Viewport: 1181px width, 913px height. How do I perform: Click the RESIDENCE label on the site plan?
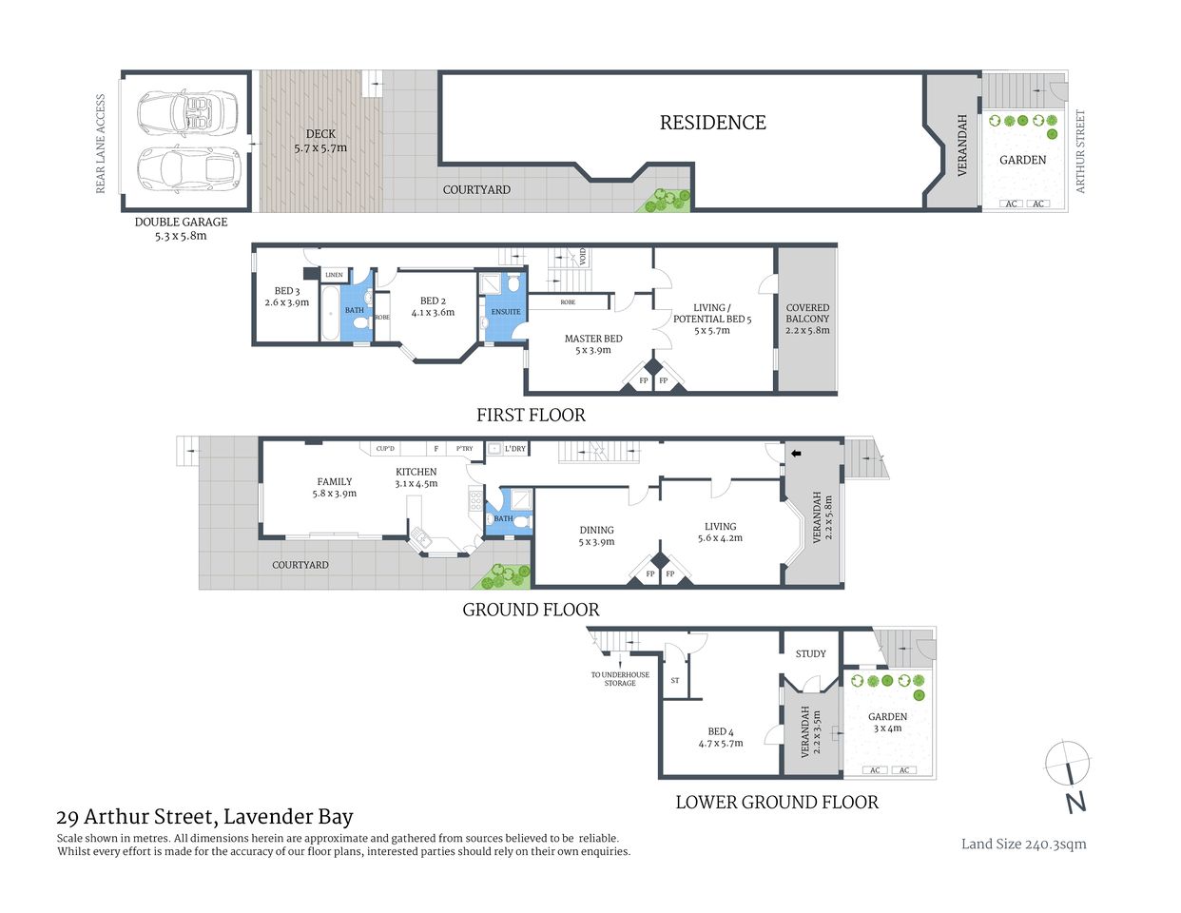click(712, 123)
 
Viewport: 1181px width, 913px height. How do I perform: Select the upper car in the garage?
click(189, 111)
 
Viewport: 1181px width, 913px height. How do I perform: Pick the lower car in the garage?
click(189, 168)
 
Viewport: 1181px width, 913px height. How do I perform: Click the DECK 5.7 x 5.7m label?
click(320, 141)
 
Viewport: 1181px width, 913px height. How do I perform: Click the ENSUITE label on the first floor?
click(506, 312)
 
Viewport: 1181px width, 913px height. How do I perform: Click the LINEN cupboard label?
click(334, 275)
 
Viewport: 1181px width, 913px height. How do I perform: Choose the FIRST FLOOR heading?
click(531, 415)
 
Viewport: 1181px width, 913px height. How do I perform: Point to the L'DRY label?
click(514, 449)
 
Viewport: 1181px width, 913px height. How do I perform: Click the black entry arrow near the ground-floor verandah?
click(796, 454)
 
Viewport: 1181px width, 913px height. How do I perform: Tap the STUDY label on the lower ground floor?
click(810, 653)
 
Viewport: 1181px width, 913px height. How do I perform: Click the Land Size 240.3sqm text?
click(1023, 844)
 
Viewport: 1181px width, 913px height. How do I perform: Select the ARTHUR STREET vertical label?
click(1080, 152)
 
